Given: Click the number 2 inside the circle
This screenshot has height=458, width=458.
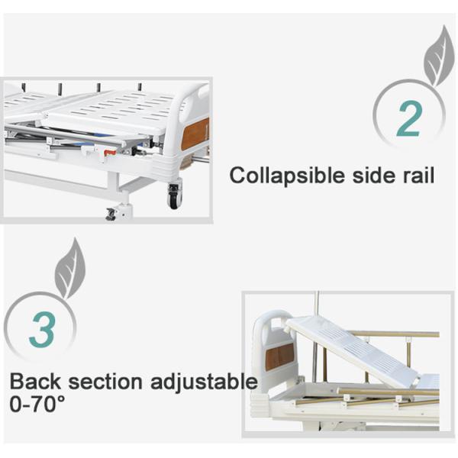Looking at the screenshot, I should (x=409, y=118).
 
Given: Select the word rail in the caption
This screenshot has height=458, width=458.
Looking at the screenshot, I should (x=417, y=176).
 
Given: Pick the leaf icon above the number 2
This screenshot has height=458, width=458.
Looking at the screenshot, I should (x=438, y=56).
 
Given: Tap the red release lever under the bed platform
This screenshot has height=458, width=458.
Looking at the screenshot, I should (x=110, y=153).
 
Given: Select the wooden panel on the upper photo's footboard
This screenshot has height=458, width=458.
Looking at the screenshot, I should (x=195, y=133).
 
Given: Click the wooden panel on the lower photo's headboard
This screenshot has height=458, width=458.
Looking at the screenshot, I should (x=279, y=356).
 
